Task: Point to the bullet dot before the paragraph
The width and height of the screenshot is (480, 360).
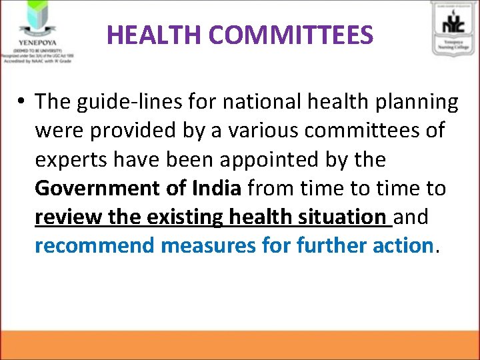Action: [x=22, y=103]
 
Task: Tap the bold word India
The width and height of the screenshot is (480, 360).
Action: [x=216, y=188]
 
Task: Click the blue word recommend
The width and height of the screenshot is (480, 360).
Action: [x=95, y=245]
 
